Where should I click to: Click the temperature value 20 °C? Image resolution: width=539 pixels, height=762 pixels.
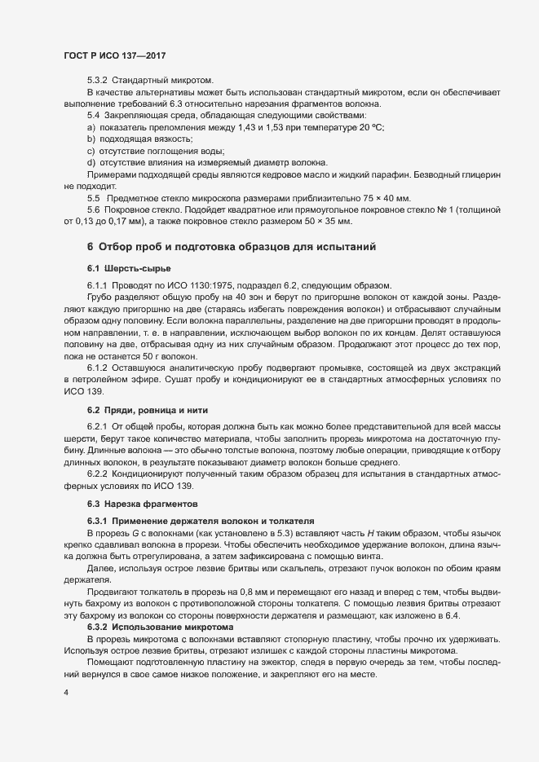point(371,129)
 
